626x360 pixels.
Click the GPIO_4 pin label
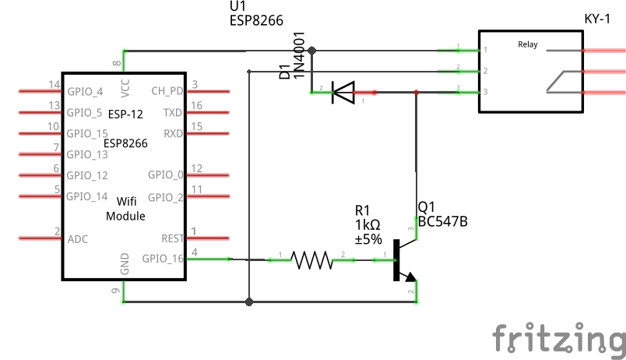point(85,91)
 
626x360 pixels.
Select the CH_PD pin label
point(167,91)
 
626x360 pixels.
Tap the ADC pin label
point(78,238)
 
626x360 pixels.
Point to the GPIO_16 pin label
point(163,258)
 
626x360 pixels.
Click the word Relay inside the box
point(528,44)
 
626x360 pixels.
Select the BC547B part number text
point(442,222)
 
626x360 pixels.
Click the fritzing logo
point(558,337)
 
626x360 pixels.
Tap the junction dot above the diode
point(311,51)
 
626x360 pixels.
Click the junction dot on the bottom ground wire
point(248,302)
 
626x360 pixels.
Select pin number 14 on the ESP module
point(55,84)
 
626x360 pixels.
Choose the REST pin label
point(172,238)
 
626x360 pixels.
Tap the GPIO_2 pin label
point(165,196)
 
